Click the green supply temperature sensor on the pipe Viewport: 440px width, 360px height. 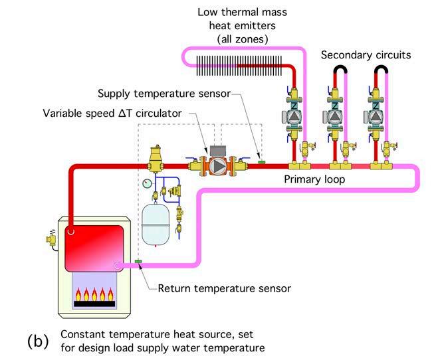click(x=262, y=162)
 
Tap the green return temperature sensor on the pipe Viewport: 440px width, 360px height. click(x=138, y=262)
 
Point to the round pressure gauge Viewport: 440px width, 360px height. click(x=147, y=183)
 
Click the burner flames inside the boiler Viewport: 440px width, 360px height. click(x=94, y=294)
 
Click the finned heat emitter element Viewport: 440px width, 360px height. click(x=239, y=66)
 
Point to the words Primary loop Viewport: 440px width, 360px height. click(x=314, y=179)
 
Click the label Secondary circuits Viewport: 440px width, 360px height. click(x=366, y=55)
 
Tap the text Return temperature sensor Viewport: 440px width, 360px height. click(x=224, y=288)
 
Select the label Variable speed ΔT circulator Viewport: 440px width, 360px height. click(x=112, y=114)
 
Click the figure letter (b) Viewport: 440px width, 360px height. click(x=38, y=341)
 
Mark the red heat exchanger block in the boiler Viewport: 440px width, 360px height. click(x=94, y=248)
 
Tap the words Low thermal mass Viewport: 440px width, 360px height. click(x=243, y=13)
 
